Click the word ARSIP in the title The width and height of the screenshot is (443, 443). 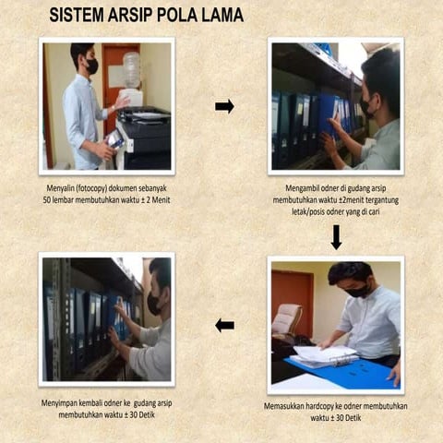[137, 16]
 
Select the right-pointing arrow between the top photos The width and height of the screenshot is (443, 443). [224, 106]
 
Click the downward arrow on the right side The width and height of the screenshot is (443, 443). [336, 237]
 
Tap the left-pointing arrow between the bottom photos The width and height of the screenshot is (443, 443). [224, 325]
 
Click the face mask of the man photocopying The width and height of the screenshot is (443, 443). [91, 66]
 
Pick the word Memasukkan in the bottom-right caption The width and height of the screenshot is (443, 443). [288, 406]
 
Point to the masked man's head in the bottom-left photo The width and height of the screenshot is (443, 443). [158, 285]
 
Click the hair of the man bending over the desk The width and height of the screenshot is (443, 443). [351, 272]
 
